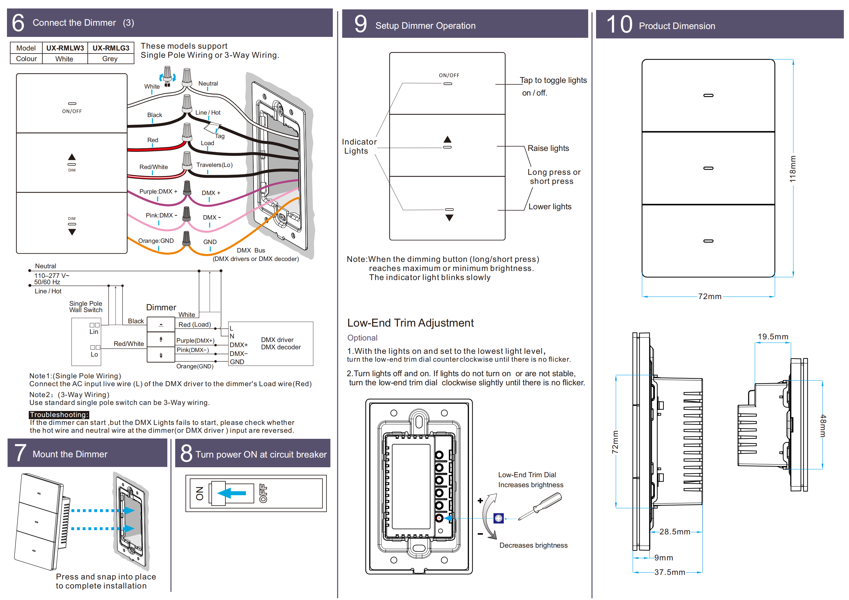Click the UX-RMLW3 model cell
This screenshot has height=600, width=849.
click(65, 48)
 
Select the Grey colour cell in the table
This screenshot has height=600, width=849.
click(110, 59)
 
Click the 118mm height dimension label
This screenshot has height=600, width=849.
click(792, 169)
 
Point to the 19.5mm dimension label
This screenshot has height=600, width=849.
click(773, 337)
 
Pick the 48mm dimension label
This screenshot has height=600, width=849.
click(823, 426)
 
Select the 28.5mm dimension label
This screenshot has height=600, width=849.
click(674, 532)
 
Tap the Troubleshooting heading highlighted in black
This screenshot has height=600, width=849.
click(59, 415)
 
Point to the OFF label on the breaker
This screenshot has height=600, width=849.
click(263, 493)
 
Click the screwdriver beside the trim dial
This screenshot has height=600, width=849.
click(540, 507)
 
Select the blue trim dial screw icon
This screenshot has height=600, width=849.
click(498, 518)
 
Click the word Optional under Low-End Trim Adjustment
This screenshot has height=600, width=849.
click(362, 338)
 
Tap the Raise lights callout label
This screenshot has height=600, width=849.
click(548, 148)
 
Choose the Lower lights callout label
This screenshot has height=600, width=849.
click(549, 207)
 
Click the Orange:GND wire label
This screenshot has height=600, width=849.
click(156, 241)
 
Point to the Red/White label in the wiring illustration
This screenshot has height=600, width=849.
click(153, 167)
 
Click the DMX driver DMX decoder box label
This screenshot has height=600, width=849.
click(281, 344)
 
